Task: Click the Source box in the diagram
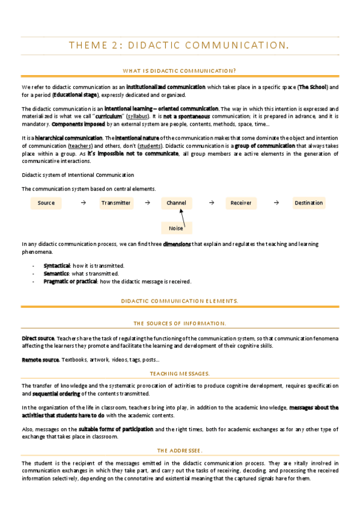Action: pyautogui.click(x=46, y=203)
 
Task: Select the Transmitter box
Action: pyautogui.click(x=116, y=203)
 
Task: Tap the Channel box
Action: pyautogui.click(x=176, y=203)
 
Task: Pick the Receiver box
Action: pyautogui.click(x=241, y=203)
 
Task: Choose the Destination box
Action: pyautogui.click(x=309, y=203)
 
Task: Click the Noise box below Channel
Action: pyautogui.click(x=176, y=228)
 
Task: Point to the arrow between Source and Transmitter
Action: pyautogui.click(x=82, y=203)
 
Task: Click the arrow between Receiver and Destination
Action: pyautogui.click(x=276, y=203)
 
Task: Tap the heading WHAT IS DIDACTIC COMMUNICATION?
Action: pyautogui.click(x=179, y=70)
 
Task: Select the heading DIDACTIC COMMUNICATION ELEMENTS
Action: pyautogui.click(x=180, y=300)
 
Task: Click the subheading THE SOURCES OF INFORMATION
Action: pyautogui.click(x=180, y=323)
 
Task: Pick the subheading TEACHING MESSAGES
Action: pyautogui.click(x=180, y=373)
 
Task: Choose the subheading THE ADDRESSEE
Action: pyautogui.click(x=180, y=450)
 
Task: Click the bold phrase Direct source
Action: pyautogui.click(x=38, y=338)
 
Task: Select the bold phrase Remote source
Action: pyautogui.click(x=40, y=360)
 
